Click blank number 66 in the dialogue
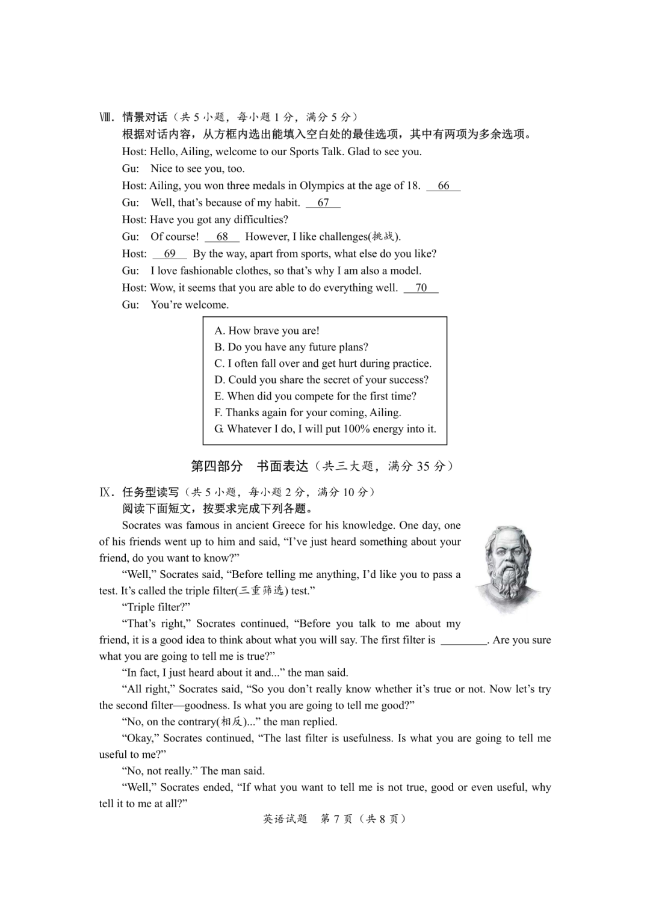[x=444, y=186]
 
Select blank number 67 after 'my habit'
[x=323, y=203]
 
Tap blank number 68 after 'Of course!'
[x=222, y=237]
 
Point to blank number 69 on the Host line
[x=170, y=254]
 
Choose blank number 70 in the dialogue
[x=421, y=288]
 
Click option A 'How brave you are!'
[x=267, y=331]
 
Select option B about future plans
[x=291, y=347]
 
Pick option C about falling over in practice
[x=323, y=363]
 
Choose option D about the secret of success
[x=321, y=380]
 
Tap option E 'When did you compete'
[x=315, y=396]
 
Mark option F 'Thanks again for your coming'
[x=308, y=413]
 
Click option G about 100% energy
[x=325, y=429]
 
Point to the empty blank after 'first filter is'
[x=463, y=641]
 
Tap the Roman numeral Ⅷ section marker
[x=106, y=117]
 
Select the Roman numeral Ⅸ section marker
[x=106, y=493]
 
